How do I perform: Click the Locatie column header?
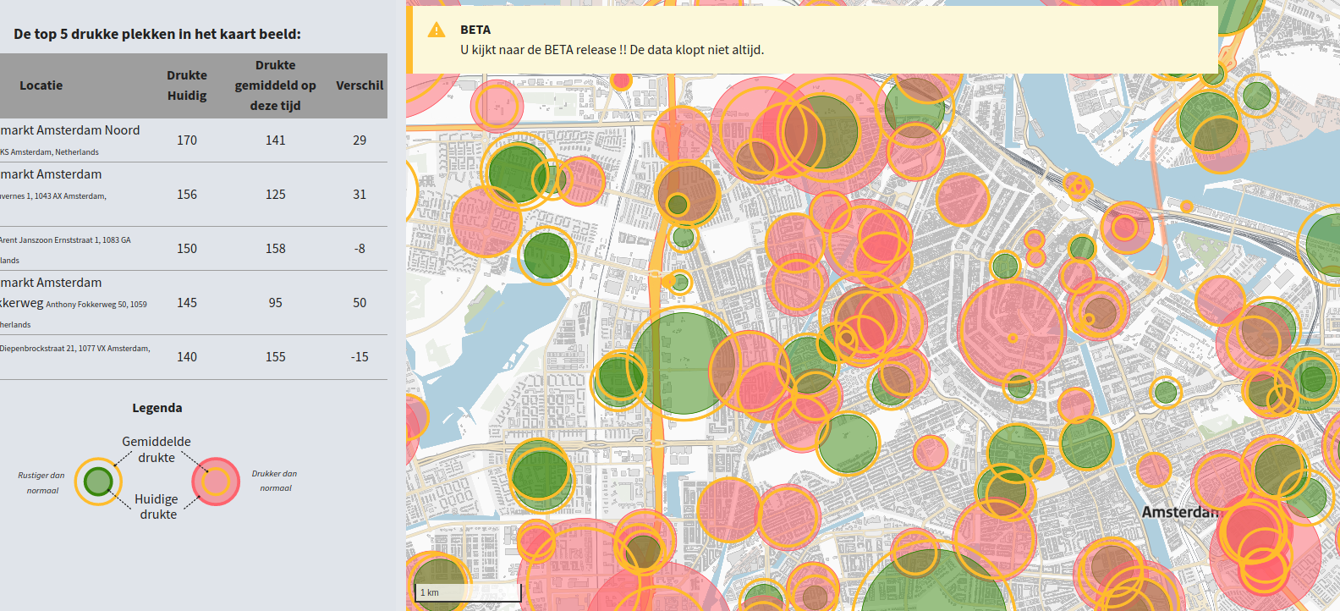41,85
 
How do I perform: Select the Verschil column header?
360,85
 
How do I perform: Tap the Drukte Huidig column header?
187,85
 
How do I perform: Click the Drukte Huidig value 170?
187,140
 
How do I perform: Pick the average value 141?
276,140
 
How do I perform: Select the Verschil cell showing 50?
360,303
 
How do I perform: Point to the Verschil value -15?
360,357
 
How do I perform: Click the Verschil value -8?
360,249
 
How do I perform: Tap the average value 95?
276,303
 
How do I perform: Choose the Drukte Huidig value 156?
187,195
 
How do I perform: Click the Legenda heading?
157,408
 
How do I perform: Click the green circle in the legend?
99,482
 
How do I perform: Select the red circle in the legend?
216,482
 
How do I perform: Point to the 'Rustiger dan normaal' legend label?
41,482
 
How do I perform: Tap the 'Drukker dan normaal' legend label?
274,481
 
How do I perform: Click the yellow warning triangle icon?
437,30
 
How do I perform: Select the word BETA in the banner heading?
475,30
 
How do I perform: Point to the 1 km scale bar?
468,592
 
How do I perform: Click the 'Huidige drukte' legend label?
157,506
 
